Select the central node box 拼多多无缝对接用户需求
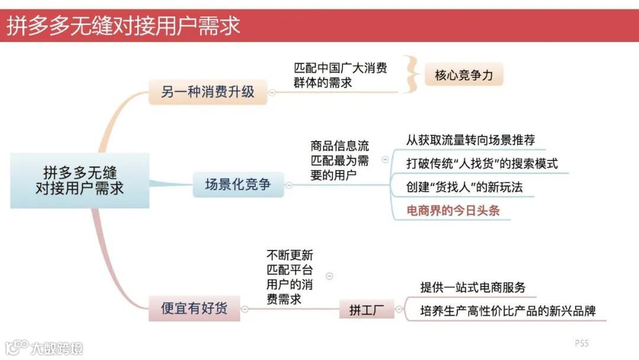[80, 181]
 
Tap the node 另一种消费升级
[208, 92]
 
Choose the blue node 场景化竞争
[238, 184]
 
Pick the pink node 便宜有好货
[194, 308]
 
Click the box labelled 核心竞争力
[463, 75]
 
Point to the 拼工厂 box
[366, 309]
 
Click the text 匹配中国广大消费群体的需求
[340, 75]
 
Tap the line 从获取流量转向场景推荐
[470, 140]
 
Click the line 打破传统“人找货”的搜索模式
[482, 163]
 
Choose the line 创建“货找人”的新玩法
[464, 187]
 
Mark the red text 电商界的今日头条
[453, 210]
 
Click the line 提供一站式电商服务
[473, 288]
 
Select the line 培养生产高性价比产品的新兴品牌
[508, 310]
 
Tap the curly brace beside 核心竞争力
[411, 75]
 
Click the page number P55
[582, 343]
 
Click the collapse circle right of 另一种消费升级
[272, 92]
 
